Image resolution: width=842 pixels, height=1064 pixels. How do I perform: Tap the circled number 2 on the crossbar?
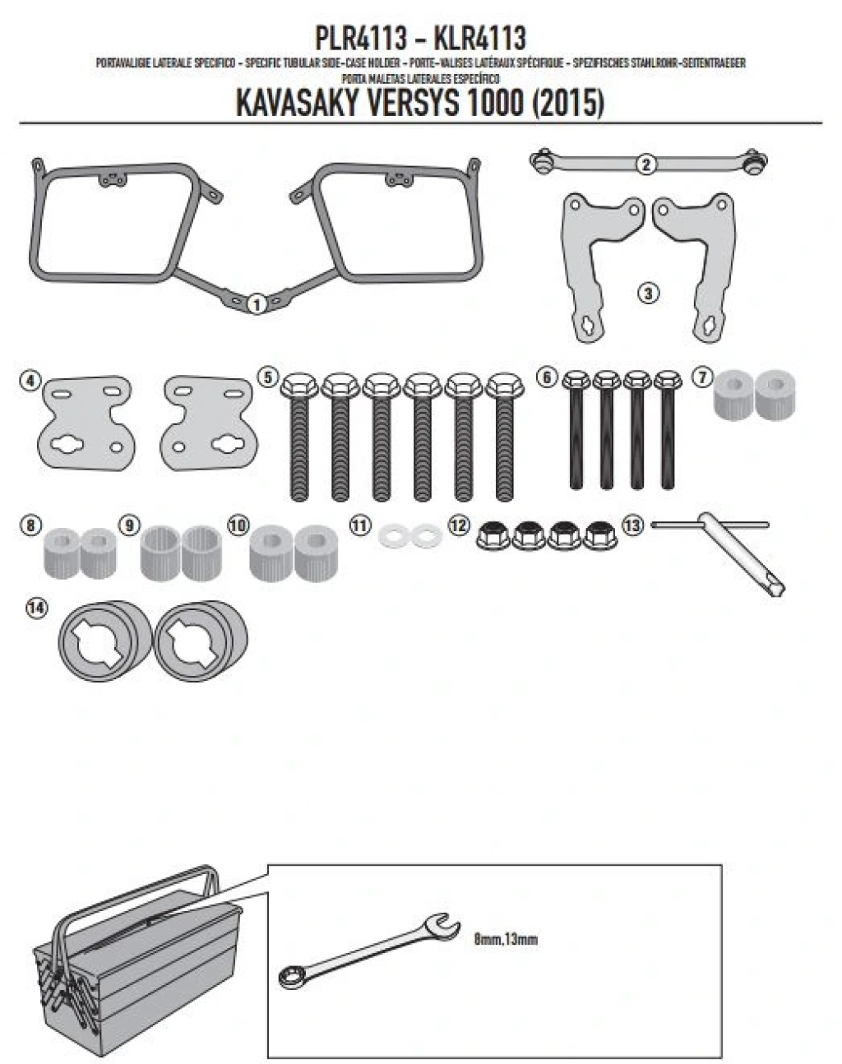(x=646, y=164)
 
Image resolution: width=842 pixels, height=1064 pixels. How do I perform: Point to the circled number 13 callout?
(x=631, y=525)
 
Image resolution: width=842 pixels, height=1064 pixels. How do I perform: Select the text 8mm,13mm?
(x=506, y=938)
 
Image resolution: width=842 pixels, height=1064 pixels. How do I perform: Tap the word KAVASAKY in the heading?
(x=302, y=104)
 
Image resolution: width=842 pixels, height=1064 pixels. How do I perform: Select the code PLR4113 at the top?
(x=361, y=39)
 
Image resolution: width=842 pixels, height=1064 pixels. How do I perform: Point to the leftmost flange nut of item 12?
(x=493, y=536)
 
